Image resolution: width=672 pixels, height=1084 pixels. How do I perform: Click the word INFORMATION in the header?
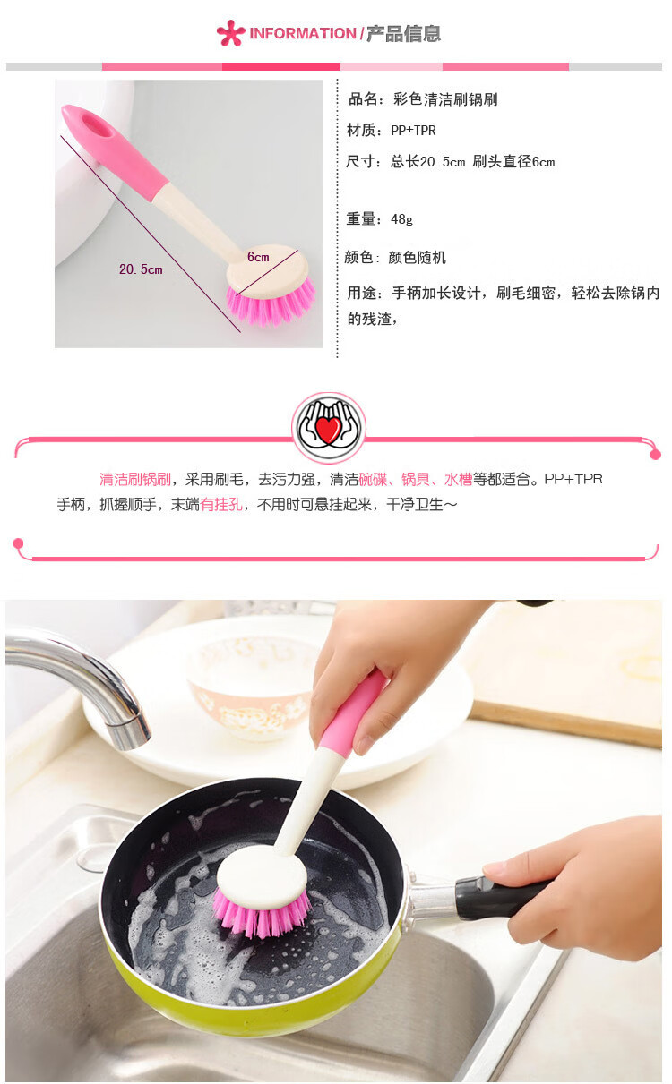(302, 33)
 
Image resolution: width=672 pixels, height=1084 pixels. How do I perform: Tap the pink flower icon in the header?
(230, 33)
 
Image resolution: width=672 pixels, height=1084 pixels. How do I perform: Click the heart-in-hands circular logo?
(329, 428)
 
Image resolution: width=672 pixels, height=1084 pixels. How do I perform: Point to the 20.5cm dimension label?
(141, 269)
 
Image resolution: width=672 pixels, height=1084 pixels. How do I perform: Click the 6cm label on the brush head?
(258, 257)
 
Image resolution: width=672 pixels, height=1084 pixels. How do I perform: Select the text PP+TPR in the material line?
(413, 130)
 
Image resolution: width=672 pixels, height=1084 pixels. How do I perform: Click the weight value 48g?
(402, 219)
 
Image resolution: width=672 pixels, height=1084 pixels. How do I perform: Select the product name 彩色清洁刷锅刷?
(445, 99)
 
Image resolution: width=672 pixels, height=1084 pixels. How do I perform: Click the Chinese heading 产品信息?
(403, 33)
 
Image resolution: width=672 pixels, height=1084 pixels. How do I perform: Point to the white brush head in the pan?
(263, 873)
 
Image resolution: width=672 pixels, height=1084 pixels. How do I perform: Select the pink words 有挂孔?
(221, 504)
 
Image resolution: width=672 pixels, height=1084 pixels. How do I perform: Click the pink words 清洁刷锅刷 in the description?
(135, 479)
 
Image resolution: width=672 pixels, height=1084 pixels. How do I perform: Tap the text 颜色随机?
(418, 258)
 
